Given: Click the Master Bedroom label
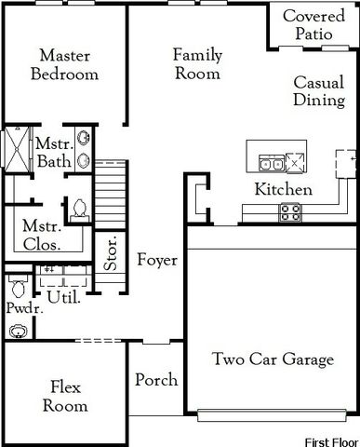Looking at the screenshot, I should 63,64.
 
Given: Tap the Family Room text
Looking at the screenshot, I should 196,64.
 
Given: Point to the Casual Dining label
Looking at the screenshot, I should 319,92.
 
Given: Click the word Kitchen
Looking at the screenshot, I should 283,190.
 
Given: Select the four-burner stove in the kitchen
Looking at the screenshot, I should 289,211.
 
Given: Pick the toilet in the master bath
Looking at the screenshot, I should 79,207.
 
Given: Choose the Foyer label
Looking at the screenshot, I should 156,260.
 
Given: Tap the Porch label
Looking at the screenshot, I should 155,380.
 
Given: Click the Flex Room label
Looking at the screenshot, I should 69,397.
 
